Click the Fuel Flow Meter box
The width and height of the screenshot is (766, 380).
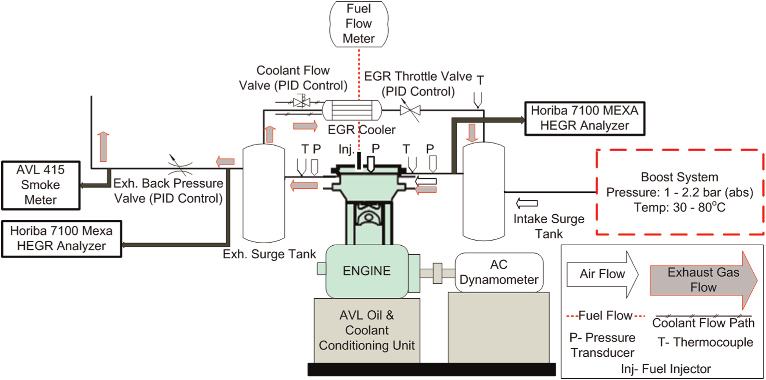coord(359,24)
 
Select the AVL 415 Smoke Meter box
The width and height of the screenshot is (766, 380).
coord(41,185)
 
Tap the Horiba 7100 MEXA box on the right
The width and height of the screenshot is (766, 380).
coord(585,118)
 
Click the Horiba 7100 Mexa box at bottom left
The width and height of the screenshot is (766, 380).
coord(62,239)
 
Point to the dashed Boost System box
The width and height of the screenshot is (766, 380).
coord(679,191)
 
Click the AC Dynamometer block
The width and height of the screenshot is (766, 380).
coord(499,272)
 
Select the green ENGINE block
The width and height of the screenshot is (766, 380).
coord(367,271)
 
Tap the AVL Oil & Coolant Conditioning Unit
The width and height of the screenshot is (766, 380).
coord(367,330)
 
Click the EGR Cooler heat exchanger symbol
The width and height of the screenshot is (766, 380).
coord(352,110)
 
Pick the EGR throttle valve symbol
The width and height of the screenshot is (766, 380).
coord(410,111)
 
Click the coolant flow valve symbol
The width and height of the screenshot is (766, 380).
coord(302,102)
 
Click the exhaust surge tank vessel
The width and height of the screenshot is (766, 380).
coord(263,192)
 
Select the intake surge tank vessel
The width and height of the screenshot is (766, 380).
coord(484,191)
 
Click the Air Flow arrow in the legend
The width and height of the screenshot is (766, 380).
coord(603,274)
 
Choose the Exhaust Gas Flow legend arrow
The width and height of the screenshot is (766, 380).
coord(704,280)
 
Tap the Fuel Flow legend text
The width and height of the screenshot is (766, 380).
coord(606,316)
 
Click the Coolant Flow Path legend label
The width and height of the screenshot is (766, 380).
coord(703,323)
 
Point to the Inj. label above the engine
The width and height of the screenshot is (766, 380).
coord(346,149)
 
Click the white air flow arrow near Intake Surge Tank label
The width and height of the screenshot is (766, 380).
coord(527,203)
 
